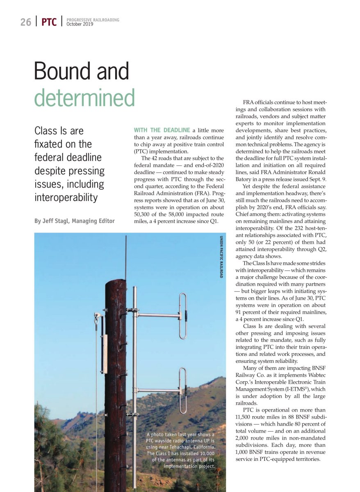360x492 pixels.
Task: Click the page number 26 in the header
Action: click(25, 22)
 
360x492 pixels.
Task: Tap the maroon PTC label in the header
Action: click(49, 22)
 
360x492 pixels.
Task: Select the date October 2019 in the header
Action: click(80, 24)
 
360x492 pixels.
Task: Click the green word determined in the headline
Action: click(84, 97)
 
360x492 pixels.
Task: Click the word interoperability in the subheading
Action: click(66, 198)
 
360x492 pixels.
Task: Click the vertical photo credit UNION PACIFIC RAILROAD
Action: click(221, 257)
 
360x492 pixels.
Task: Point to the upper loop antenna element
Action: click(183, 316)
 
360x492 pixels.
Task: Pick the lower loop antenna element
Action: click(183, 390)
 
